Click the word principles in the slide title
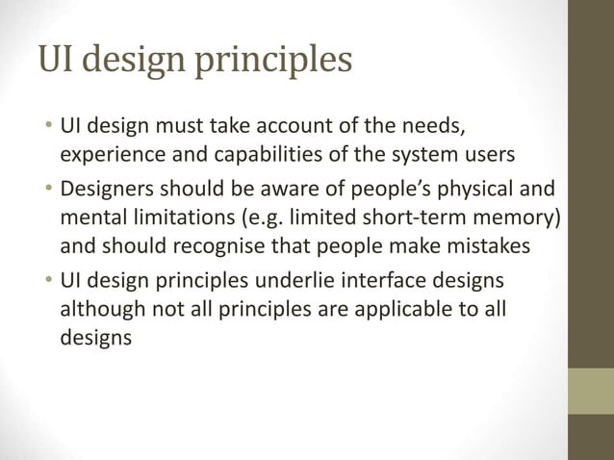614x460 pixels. [x=275, y=63]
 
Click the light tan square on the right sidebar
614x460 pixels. [x=591, y=390]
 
